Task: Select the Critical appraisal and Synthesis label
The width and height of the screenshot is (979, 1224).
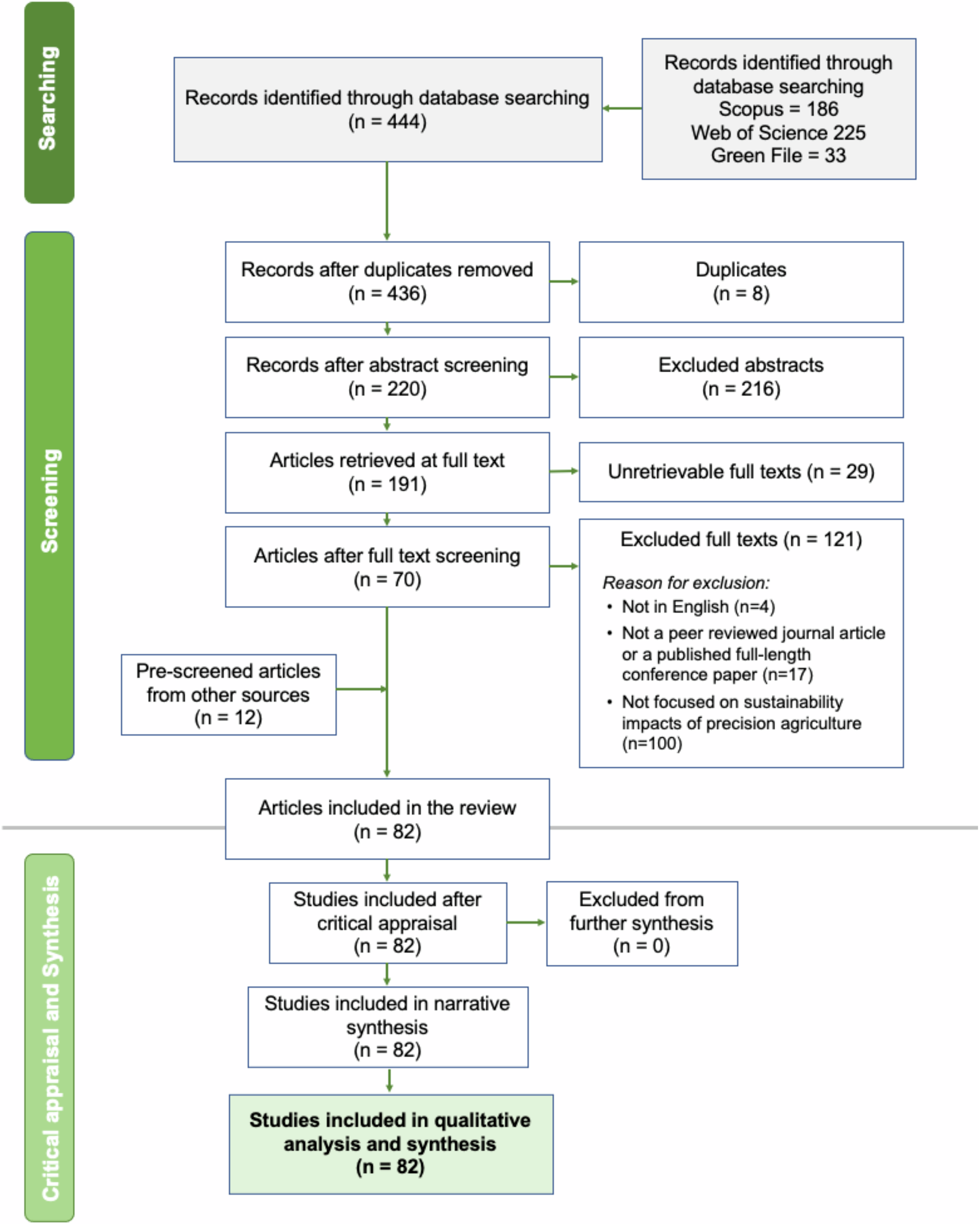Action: pyautogui.click(x=50, y=1038)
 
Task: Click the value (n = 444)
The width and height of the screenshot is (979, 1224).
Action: pyautogui.click(x=387, y=121)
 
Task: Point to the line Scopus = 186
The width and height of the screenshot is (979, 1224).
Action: pyautogui.click(x=778, y=109)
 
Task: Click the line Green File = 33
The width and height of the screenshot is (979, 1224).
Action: pyautogui.click(x=778, y=156)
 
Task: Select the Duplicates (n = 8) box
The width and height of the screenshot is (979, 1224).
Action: pyautogui.click(x=740, y=282)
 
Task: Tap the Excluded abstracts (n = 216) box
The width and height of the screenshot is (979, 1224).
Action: pyautogui.click(x=740, y=377)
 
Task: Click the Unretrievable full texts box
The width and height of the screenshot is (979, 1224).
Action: pyautogui.click(x=740, y=472)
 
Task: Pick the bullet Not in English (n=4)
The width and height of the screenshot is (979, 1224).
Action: pyautogui.click(x=698, y=607)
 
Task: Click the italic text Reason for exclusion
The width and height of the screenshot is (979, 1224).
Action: pyautogui.click(x=686, y=583)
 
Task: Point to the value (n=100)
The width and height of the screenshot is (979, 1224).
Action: pyautogui.click(x=652, y=743)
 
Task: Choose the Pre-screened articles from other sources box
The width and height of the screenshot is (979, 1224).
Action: pyautogui.click(x=228, y=694)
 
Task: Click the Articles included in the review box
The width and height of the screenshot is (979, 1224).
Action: pyautogui.click(x=387, y=819)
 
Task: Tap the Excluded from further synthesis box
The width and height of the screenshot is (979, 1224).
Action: pyautogui.click(x=642, y=923)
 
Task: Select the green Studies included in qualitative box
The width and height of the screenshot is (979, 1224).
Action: pyautogui.click(x=391, y=1144)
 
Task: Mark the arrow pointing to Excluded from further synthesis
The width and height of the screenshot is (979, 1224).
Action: pyautogui.click(x=526, y=922)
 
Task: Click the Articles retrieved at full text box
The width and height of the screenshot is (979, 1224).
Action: pyautogui.click(x=387, y=472)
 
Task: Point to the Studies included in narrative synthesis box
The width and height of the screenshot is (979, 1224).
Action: pyautogui.click(x=387, y=1027)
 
